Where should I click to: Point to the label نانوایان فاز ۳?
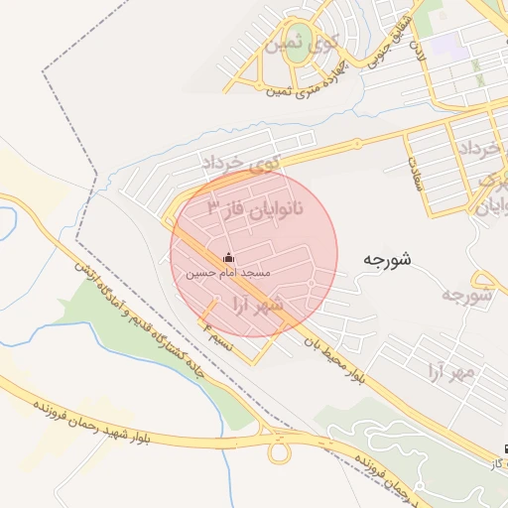click(x=255, y=209)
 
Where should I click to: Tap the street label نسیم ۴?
click(x=217, y=332)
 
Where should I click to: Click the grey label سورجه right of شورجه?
click(x=465, y=295)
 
